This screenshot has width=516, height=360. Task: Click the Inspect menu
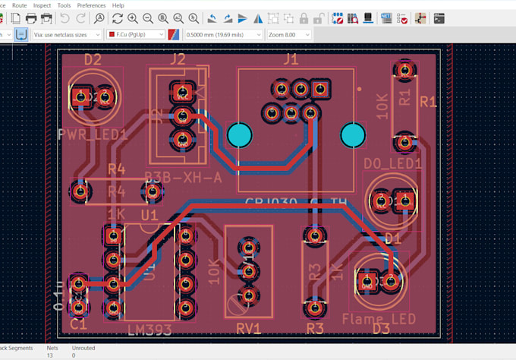coord(42,5)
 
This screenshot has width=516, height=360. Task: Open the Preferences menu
coord(92,5)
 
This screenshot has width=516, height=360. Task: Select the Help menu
coord(118,5)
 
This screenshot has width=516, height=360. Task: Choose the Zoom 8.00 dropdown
coord(289,35)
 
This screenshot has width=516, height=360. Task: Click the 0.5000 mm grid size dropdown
coord(221,35)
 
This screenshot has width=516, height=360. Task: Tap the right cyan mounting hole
coord(353,135)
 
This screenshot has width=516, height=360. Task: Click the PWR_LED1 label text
coord(92,135)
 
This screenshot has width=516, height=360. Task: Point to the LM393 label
coord(149,329)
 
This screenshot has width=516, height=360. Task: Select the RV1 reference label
coord(247,328)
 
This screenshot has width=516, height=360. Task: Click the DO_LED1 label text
coord(392,163)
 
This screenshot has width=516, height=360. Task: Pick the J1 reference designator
coord(290,59)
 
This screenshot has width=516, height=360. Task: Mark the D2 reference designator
coord(93,59)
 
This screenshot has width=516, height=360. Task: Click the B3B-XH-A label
coord(183,177)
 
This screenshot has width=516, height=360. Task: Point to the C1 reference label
coord(79,324)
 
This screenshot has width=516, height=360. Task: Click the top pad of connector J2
coord(182,93)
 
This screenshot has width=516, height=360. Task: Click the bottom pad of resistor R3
coord(313,307)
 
